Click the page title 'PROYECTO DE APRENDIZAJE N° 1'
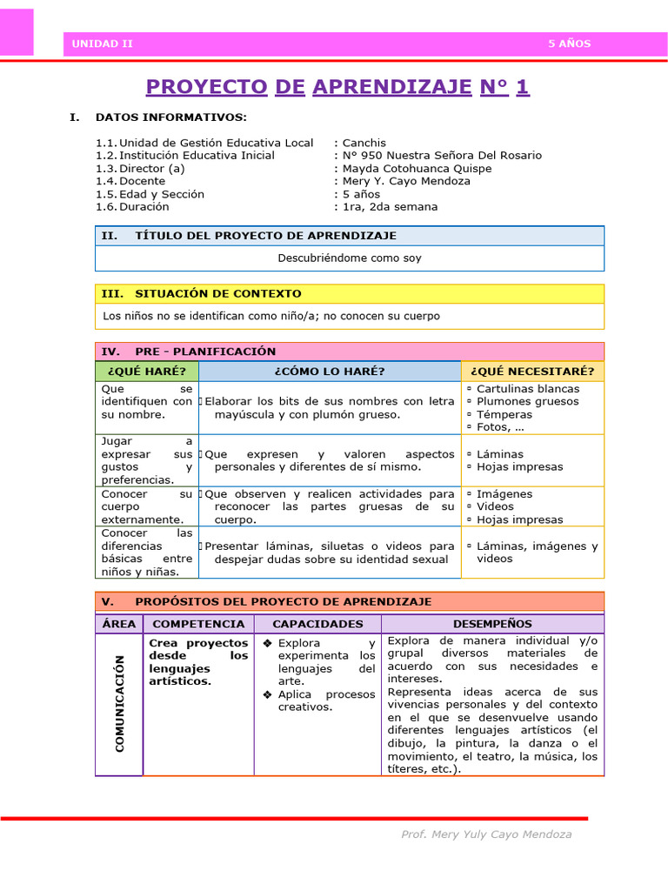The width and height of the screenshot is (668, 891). pyautogui.click(x=337, y=87)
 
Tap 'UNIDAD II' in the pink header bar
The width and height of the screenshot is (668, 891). pyautogui.click(x=102, y=44)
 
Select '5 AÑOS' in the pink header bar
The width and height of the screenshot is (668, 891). pyautogui.click(x=569, y=44)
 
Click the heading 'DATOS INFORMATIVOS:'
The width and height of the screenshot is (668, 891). pyautogui.click(x=170, y=117)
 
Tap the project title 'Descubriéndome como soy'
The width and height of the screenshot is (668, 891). pyautogui.click(x=350, y=258)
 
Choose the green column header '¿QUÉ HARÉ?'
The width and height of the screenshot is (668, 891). pyautogui.click(x=146, y=372)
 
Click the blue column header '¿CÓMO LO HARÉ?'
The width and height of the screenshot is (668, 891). pyautogui.click(x=329, y=372)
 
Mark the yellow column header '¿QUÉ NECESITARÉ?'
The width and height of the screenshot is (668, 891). pyautogui.click(x=531, y=372)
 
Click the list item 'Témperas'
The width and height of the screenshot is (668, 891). pyautogui.click(x=504, y=414)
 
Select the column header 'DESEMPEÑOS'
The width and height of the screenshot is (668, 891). pyautogui.click(x=492, y=624)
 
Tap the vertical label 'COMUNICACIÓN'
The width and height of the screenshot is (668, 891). pyautogui.click(x=119, y=704)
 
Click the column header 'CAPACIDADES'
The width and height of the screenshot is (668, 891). pyautogui.click(x=317, y=624)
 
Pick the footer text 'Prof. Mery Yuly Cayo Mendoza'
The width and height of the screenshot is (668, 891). pyautogui.click(x=486, y=834)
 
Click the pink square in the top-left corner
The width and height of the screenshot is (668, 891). pyautogui.click(x=17, y=32)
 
